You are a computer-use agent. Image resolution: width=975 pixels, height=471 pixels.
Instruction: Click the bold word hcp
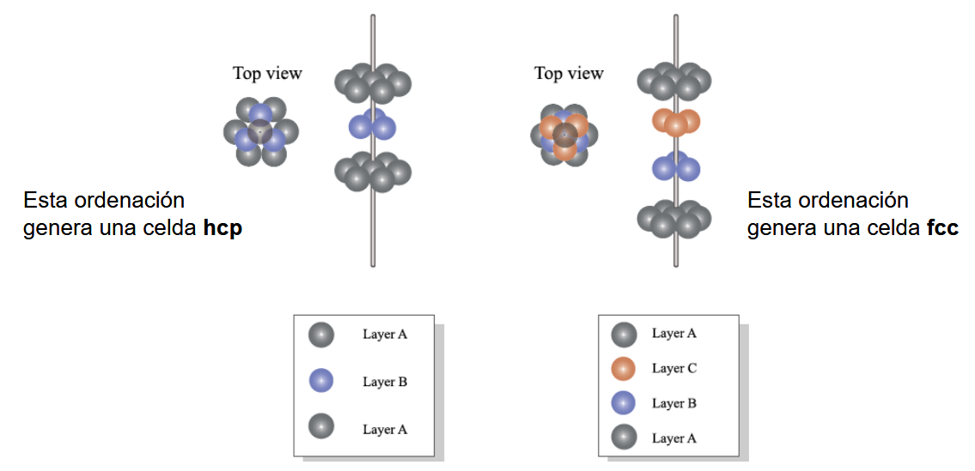point(222,229)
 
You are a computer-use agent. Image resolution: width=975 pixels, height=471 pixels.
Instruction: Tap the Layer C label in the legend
point(674,368)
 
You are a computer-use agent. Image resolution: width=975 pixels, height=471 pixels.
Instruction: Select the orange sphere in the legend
point(623,368)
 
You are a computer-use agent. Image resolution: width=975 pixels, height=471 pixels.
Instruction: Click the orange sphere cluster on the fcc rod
point(676,122)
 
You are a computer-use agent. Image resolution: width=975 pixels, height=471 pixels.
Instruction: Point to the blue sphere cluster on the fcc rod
point(676,166)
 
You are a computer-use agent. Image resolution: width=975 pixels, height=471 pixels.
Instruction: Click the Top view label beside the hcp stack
point(267,73)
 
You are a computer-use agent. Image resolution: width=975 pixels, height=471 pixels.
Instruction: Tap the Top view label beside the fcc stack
point(569,73)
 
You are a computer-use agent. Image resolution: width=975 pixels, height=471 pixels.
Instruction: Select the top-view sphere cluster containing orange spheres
point(564,134)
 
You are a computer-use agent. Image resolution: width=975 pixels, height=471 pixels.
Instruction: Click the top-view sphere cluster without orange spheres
point(261,132)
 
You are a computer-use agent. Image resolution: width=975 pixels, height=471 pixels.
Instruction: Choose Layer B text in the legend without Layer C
point(385,382)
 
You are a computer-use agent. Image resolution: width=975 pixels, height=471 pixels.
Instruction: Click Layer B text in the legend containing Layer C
point(674,403)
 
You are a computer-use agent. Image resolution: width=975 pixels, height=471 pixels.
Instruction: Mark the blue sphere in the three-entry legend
point(321,380)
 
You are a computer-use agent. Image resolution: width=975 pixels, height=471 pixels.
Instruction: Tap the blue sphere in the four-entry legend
point(623,402)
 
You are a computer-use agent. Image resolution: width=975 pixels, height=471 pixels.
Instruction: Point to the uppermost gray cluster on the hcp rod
point(373,83)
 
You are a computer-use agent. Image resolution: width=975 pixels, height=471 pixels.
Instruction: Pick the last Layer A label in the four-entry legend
point(674,438)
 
